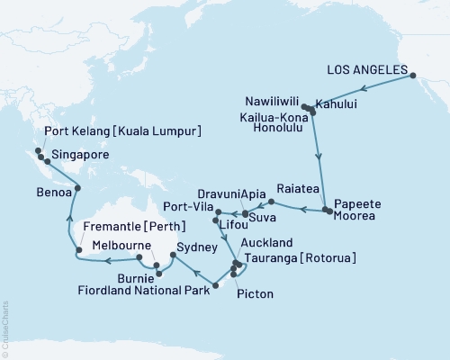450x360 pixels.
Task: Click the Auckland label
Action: [x=267, y=244]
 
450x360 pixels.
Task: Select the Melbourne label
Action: [x=111, y=244]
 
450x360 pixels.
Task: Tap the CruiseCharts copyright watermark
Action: [x=6, y=328]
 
